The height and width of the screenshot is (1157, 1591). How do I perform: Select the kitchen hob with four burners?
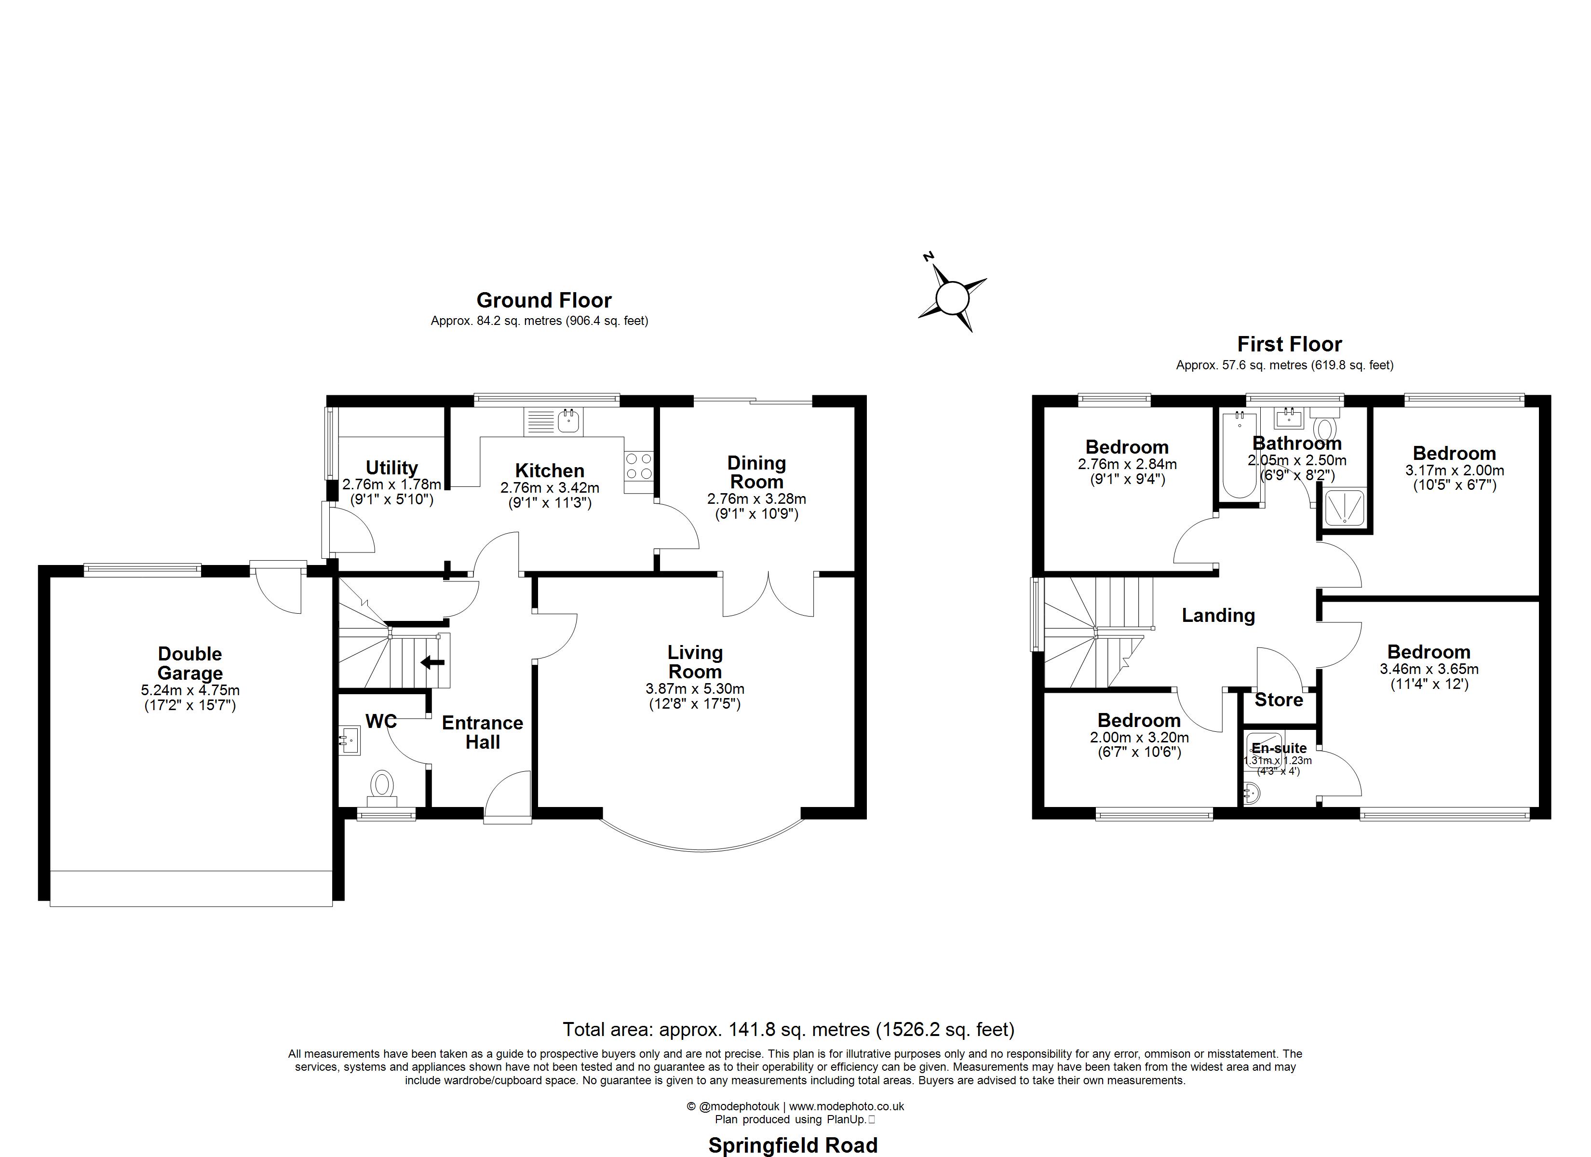[x=638, y=467]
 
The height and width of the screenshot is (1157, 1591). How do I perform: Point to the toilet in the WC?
[x=382, y=784]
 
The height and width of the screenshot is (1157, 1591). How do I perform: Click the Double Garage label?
[x=189, y=663]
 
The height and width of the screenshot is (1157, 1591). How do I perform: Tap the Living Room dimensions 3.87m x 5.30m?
[x=694, y=689]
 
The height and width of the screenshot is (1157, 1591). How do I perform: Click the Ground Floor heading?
[x=544, y=300]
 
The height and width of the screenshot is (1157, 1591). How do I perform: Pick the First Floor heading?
[x=1289, y=345]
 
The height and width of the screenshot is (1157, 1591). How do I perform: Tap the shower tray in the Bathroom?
[x=1344, y=507]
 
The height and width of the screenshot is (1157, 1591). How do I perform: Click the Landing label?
[x=1218, y=615]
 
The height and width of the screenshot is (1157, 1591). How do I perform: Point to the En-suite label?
[x=1279, y=748]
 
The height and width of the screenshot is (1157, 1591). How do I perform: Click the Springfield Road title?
[x=793, y=1145]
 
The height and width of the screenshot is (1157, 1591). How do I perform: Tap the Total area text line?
[x=788, y=1029]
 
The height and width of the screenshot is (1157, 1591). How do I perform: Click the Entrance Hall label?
[x=482, y=732]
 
